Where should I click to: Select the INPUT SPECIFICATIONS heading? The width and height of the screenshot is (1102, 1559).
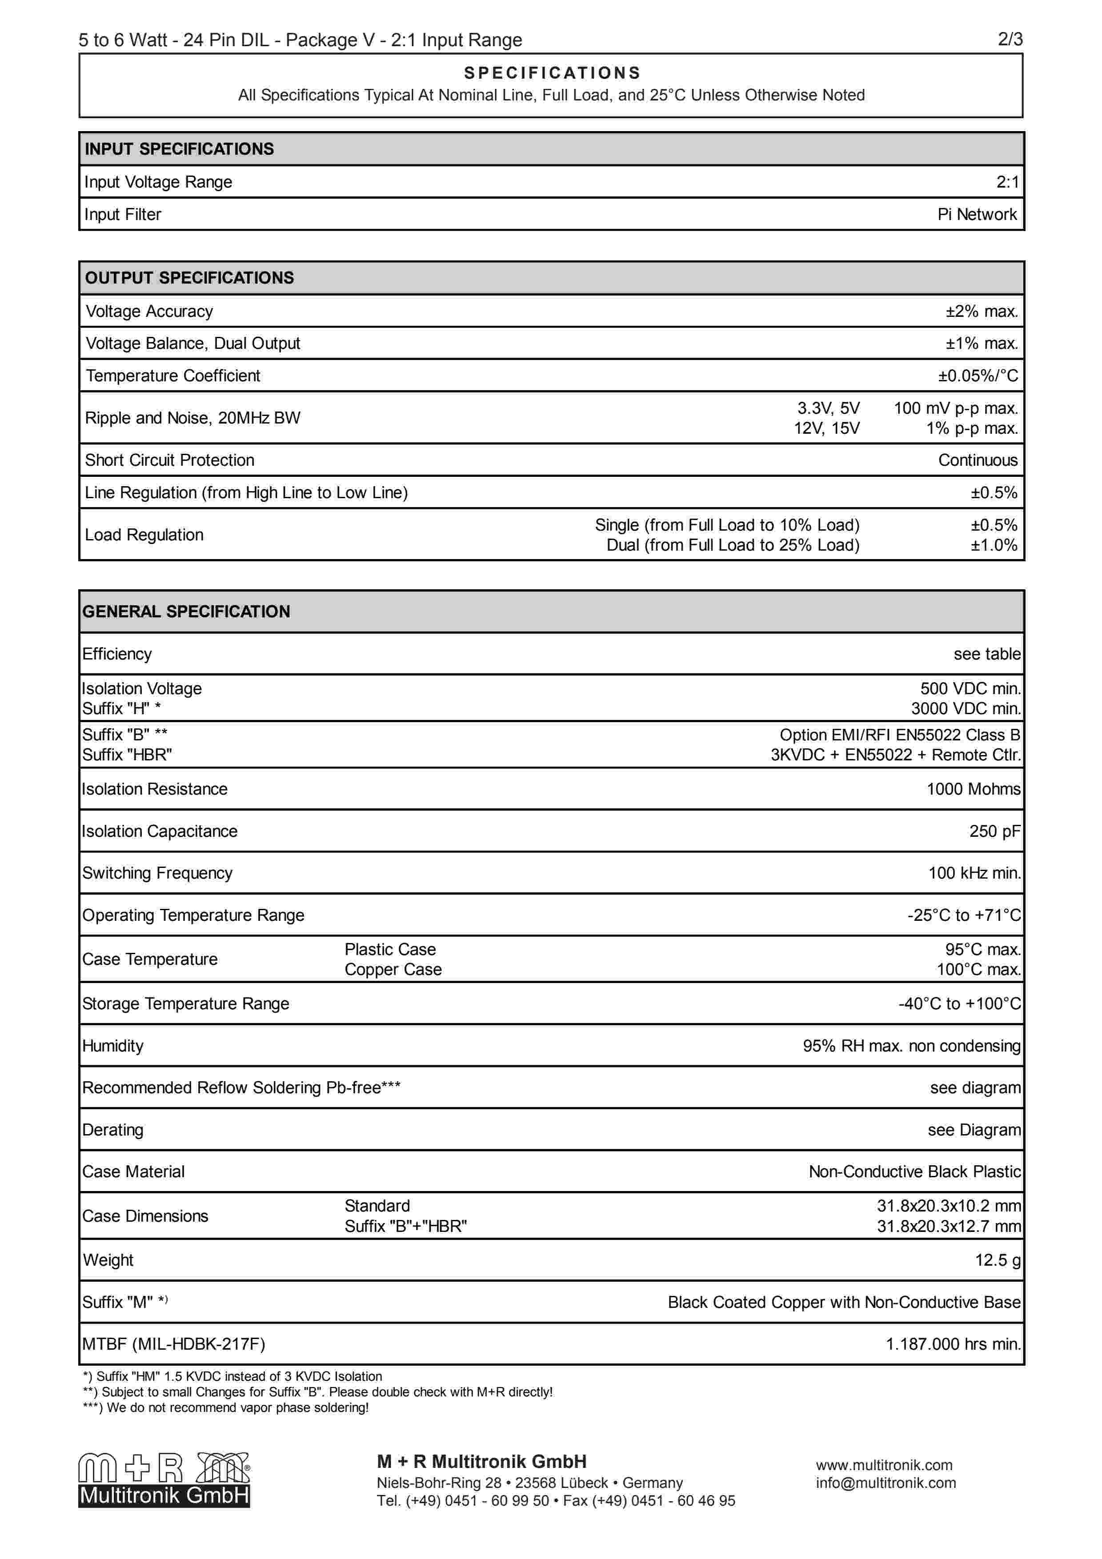tap(179, 149)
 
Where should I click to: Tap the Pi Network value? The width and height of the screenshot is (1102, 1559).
tap(976, 215)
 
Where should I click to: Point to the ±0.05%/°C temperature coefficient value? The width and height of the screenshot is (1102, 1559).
tap(978, 376)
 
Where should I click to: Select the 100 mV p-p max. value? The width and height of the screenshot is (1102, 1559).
tap(955, 408)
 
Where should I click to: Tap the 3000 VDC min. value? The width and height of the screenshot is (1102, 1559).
tap(966, 708)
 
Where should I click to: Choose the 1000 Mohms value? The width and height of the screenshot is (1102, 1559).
tap(973, 789)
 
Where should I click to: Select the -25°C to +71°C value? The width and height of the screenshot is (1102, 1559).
tap(963, 915)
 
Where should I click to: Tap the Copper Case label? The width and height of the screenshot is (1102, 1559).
tap(393, 970)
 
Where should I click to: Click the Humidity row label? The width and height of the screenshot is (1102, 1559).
tap(113, 1046)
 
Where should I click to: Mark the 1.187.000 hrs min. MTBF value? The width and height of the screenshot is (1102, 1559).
tap(953, 1344)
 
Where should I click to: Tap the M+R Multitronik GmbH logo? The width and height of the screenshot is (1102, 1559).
tap(164, 1480)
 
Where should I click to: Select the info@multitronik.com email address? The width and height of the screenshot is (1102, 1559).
tap(886, 1483)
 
